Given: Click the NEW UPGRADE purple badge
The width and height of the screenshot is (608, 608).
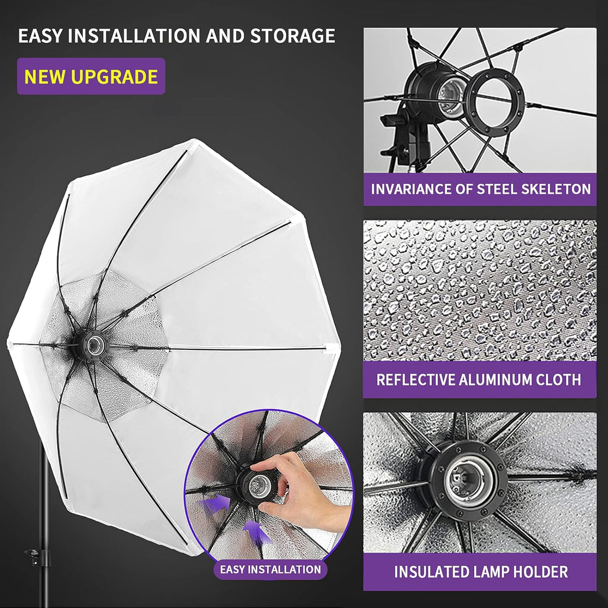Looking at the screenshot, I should [91, 77].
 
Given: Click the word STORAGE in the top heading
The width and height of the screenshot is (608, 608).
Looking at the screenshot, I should [292, 36].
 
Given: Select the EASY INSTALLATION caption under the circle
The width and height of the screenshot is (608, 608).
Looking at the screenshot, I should [270, 569].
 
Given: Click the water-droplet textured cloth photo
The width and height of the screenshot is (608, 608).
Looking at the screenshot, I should [479, 290].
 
